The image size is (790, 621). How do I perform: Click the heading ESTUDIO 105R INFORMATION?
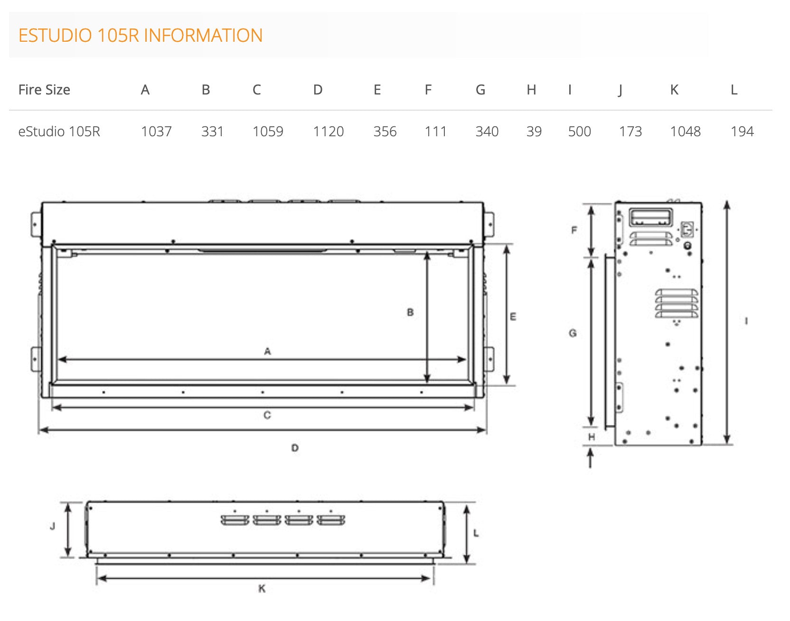click(x=141, y=36)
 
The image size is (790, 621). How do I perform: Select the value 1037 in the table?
click(x=156, y=132)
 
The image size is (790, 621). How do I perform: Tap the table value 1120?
click(x=329, y=132)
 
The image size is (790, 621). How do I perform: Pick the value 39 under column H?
click(x=534, y=132)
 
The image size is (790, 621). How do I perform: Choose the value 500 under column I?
click(x=580, y=132)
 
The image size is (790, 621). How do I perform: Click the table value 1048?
click(x=686, y=132)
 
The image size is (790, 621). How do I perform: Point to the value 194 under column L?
click(x=743, y=132)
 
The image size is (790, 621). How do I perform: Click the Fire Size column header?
click(x=44, y=90)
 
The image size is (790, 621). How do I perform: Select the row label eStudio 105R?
click(x=59, y=132)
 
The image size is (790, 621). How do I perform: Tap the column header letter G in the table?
click(x=480, y=90)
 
